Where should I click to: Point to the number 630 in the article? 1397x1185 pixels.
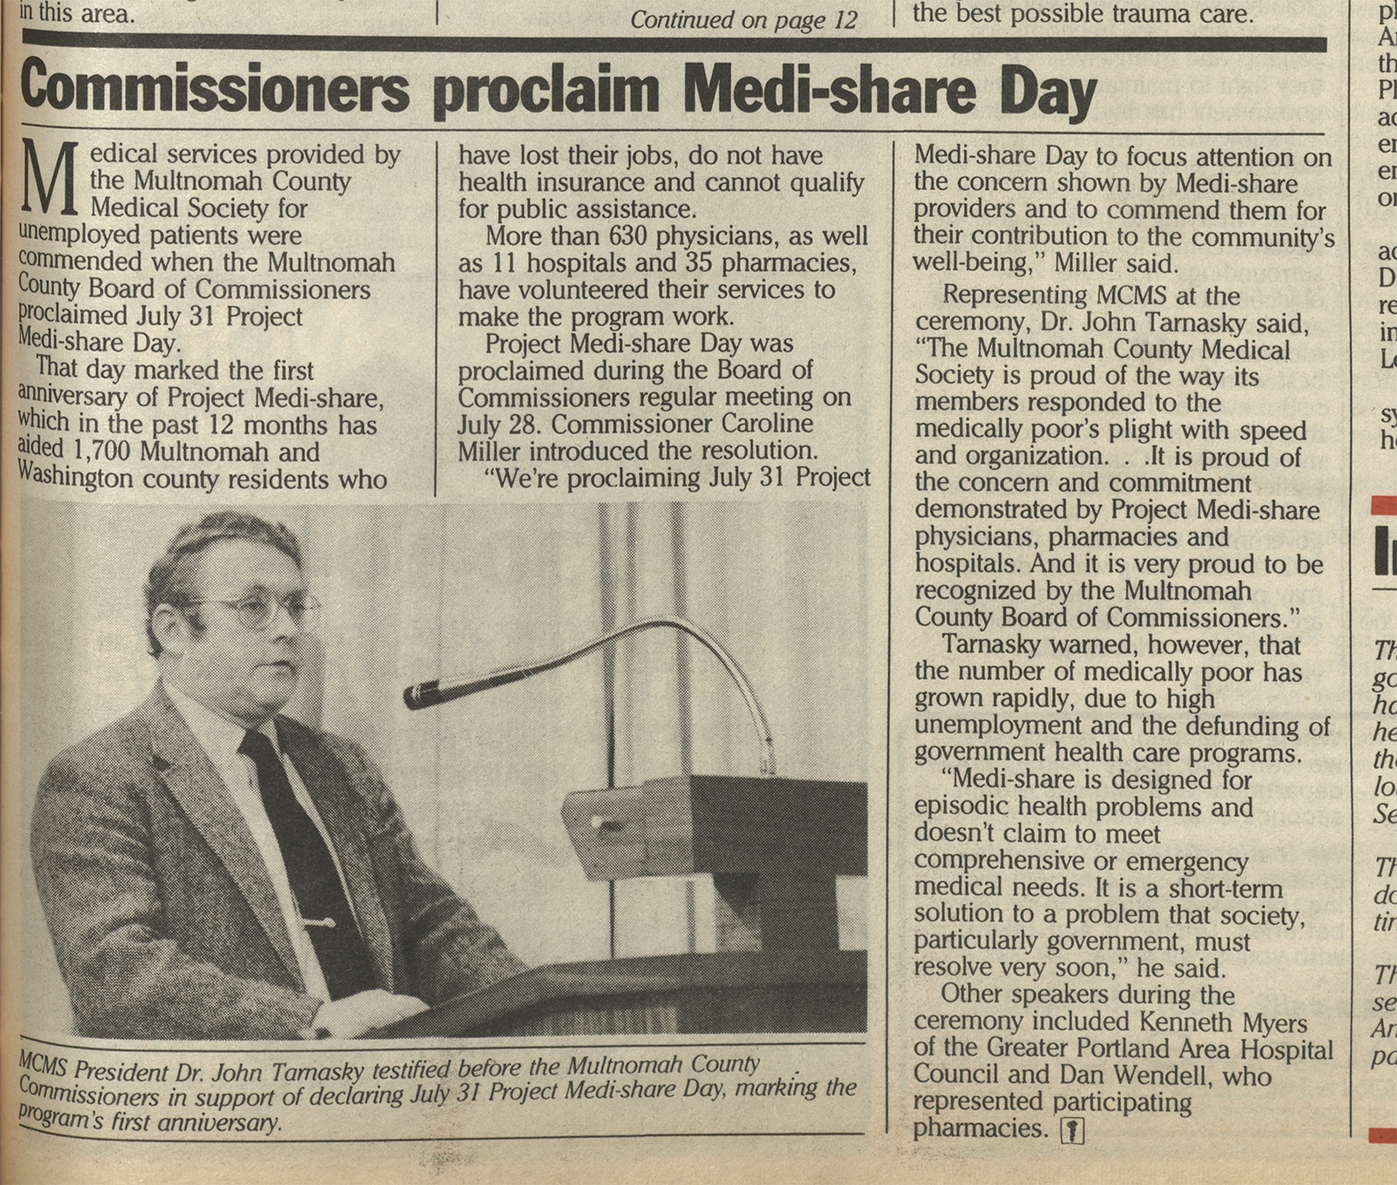coord(627,237)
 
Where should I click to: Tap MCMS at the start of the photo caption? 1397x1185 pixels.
coord(42,1067)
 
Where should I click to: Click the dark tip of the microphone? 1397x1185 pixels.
coord(419,696)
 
